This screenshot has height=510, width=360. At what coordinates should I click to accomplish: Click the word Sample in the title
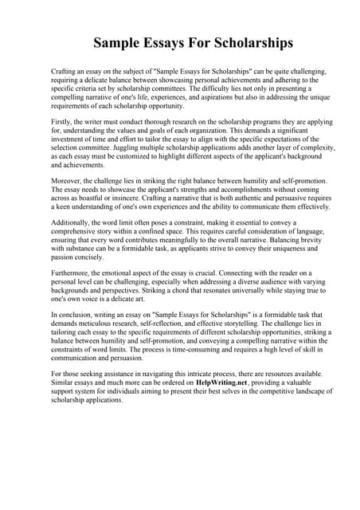coord(117,42)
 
